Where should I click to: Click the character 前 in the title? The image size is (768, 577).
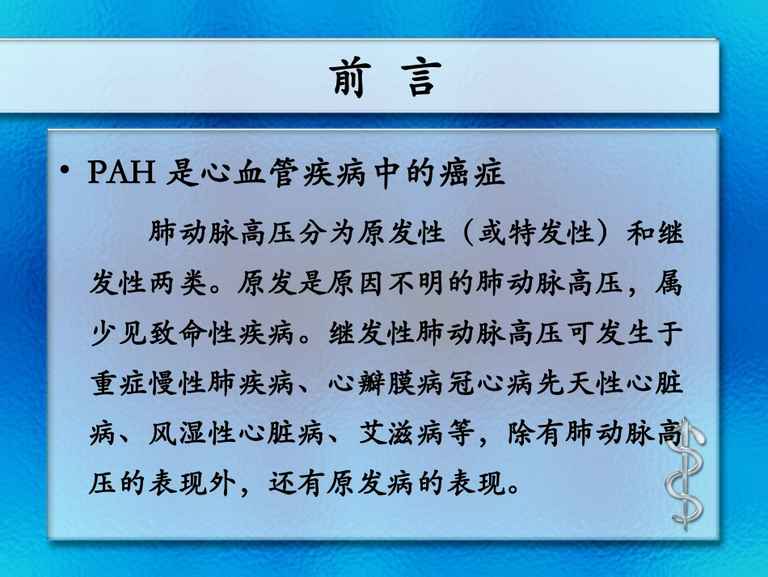click(x=350, y=78)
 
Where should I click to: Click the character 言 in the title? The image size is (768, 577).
click(x=421, y=78)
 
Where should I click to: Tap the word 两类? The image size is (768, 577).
click(x=179, y=284)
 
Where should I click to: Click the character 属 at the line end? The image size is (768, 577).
click(x=670, y=284)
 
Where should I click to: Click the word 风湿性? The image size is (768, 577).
click(x=193, y=435)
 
